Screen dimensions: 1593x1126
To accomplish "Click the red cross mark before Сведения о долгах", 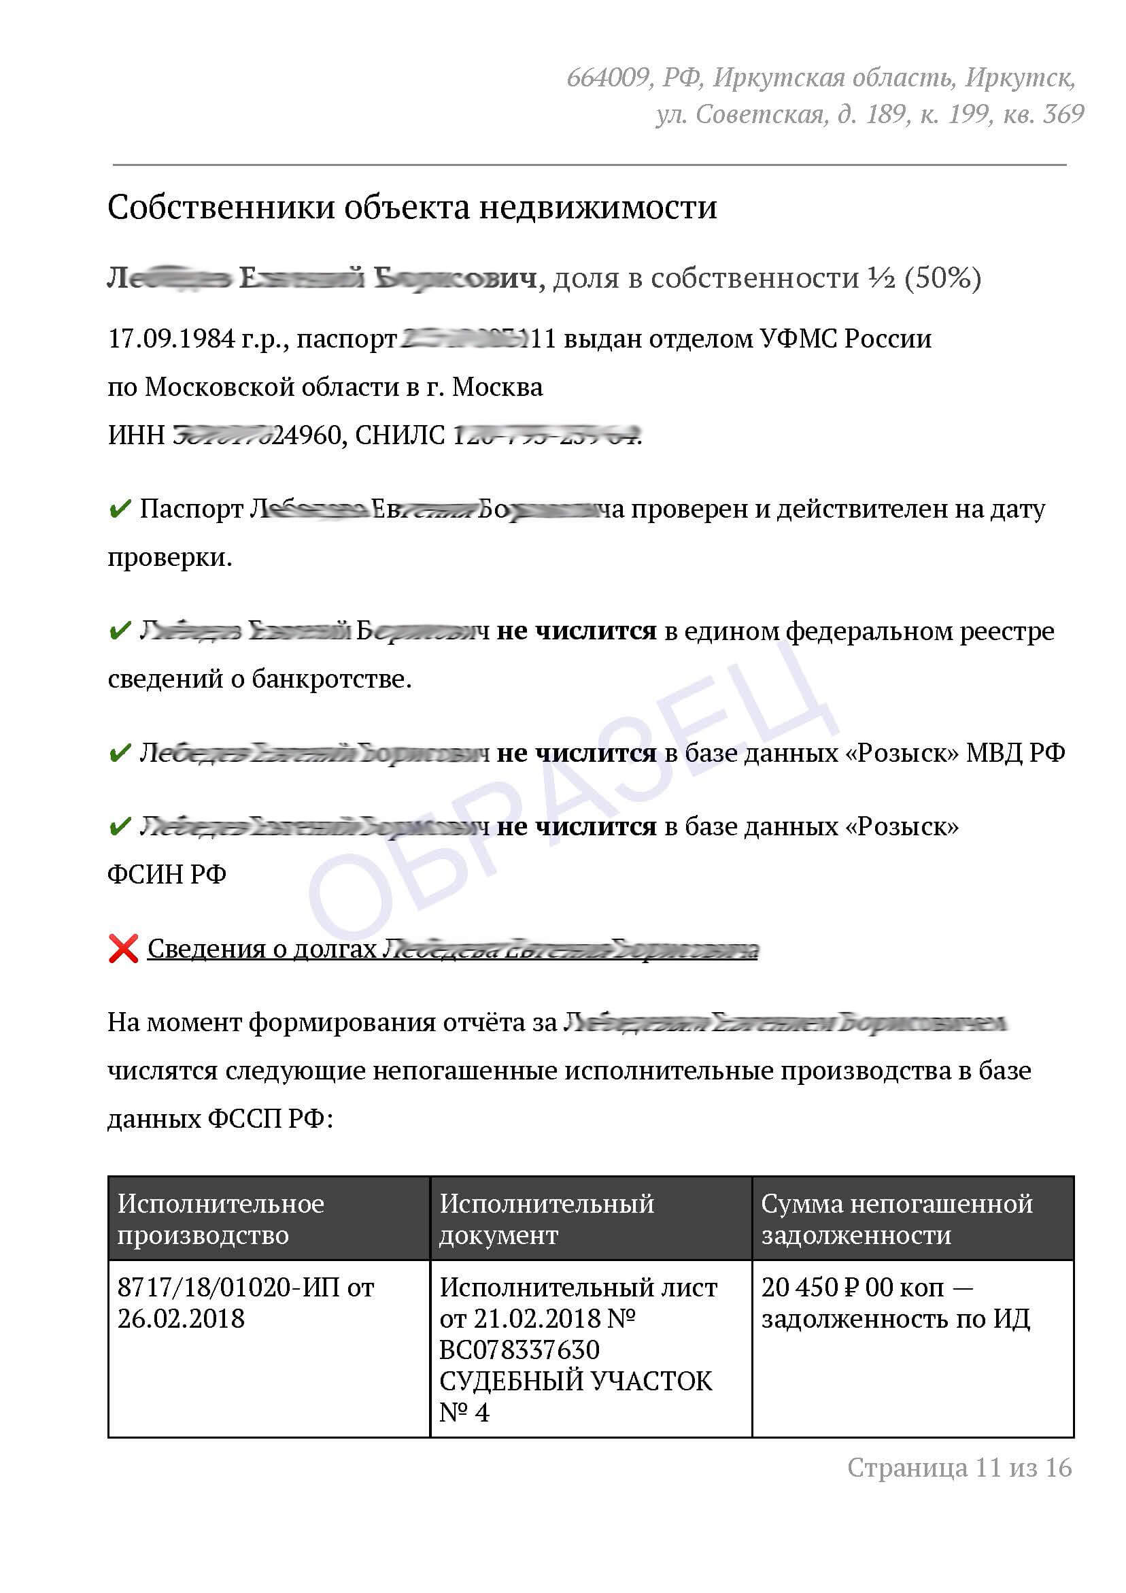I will coord(124,948).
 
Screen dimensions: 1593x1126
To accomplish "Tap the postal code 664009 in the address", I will coord(607,77).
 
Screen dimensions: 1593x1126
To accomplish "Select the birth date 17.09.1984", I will coord(171,339).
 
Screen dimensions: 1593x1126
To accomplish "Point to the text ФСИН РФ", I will coord(167,874).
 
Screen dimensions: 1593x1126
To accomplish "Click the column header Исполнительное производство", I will coord(220,1218).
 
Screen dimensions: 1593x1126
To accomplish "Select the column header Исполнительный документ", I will coord(546,1218).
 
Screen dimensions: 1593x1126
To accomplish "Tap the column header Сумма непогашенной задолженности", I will coord(896,1218).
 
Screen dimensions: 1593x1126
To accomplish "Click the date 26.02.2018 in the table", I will coord(180,1318).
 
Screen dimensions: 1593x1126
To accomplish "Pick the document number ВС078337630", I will coord(519,1349).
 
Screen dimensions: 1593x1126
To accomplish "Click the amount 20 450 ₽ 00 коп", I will coord(853,1287).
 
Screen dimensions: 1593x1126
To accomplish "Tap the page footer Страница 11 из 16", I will coord(959,1467).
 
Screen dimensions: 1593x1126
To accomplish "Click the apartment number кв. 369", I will coord(1044,114).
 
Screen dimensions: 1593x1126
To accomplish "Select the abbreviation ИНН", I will coord(136,435).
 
